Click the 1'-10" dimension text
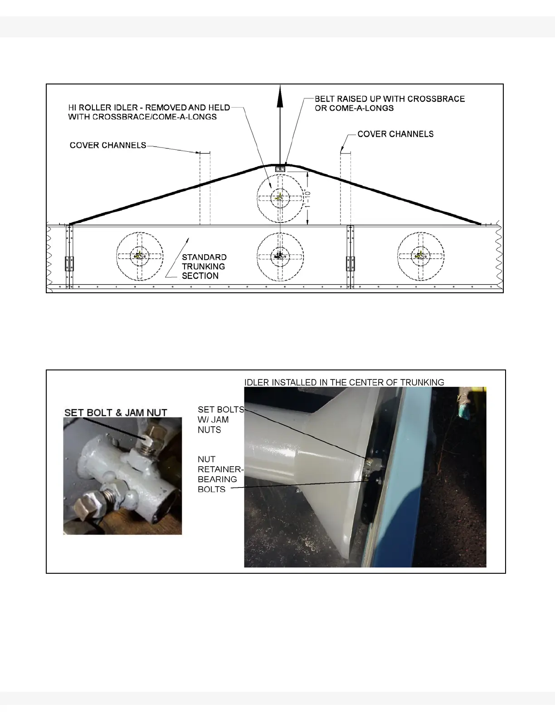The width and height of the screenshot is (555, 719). click(307, 198)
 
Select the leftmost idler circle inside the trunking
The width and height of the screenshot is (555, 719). click(140, 256)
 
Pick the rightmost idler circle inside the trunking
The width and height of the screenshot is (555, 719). click(421, 256)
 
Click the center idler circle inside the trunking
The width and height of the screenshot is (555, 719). click(280, 256)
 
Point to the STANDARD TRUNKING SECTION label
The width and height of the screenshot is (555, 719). click(204, 266)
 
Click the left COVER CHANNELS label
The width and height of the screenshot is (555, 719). click(108, 145)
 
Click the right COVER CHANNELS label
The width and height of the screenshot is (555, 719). click(395, 134)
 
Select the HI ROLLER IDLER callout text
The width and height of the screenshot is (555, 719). click(149, 112)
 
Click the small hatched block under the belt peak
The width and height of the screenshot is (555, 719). click(280, 169)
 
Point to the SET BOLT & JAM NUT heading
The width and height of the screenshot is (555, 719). click(116, 413)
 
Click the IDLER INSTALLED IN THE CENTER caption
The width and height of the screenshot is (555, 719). click(344, 382)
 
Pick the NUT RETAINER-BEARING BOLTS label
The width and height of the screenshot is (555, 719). click(220, 474)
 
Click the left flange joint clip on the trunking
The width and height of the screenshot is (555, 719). click(69, 263)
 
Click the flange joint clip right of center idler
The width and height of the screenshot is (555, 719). click(350, 263)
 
